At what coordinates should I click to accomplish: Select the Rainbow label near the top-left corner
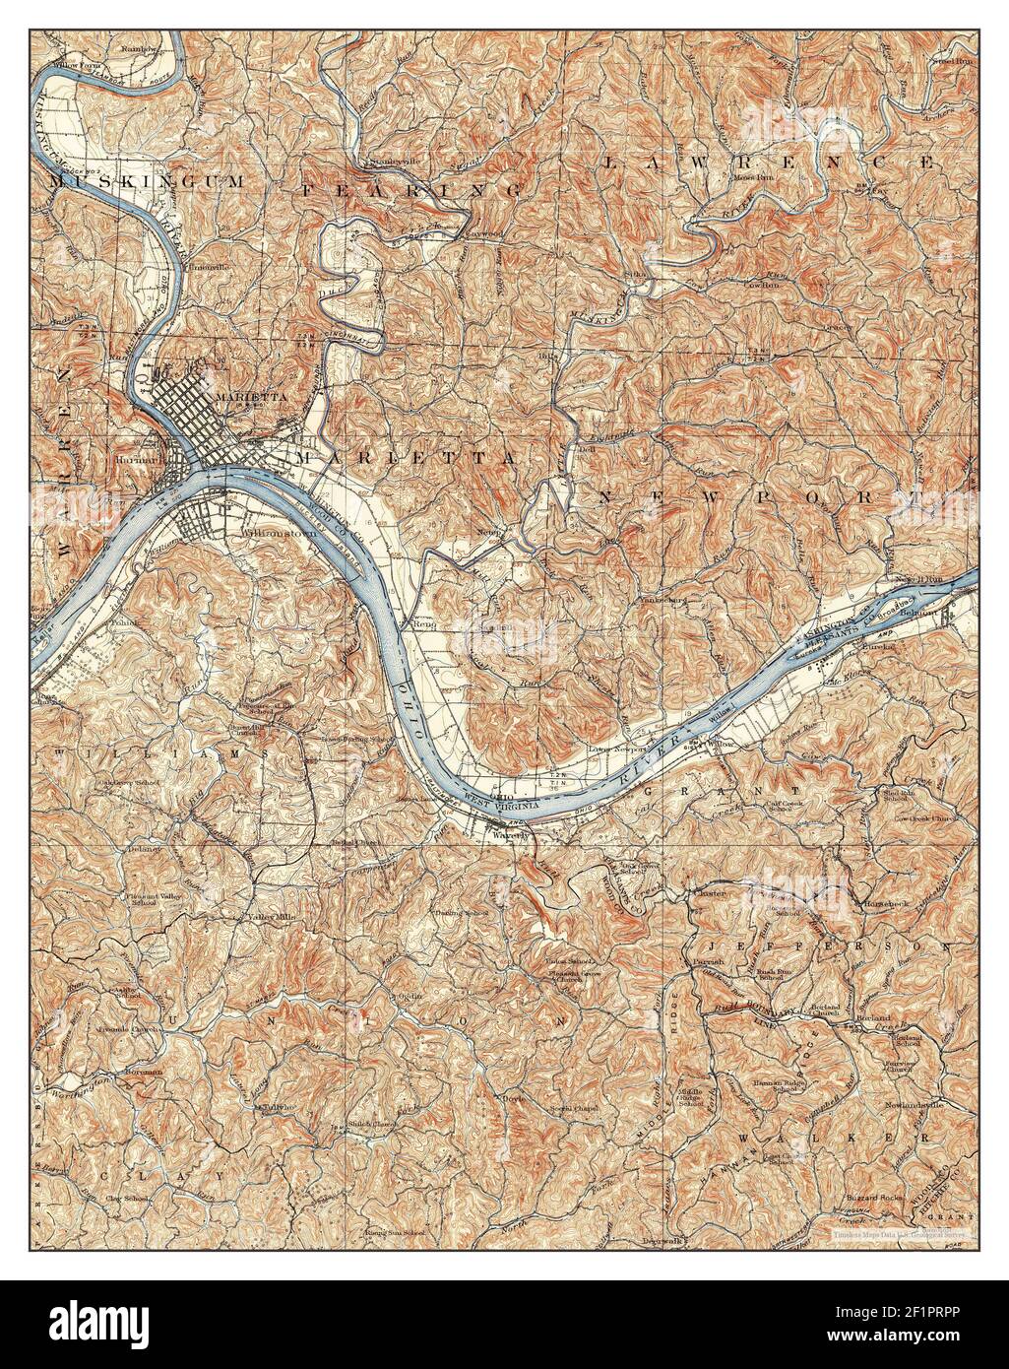pyautogui.click(x=139, y=46)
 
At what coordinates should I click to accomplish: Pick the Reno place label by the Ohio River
pyautogui.click(x=423, y=623)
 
